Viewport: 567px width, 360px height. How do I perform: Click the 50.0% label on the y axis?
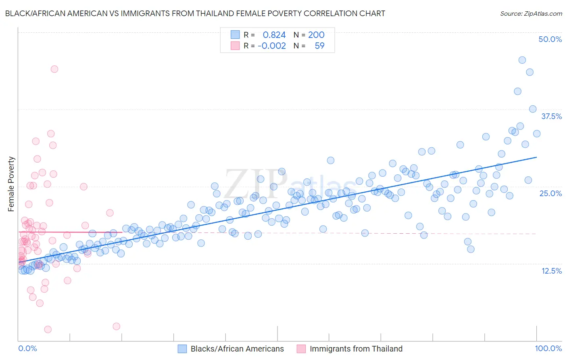tap(550, 39)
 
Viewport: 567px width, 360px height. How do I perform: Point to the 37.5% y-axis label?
tap(551, 116)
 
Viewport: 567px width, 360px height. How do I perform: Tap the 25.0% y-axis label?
tap(550, 193)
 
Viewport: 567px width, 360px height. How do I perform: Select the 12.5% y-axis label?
tap(551, 271)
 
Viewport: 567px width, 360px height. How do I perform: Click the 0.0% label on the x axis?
tap(27, 348)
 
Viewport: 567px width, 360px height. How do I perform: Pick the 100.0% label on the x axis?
tap(548, 348)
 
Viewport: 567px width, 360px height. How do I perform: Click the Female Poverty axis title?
tap(11, 184)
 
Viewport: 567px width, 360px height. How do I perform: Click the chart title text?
tap(195, 13)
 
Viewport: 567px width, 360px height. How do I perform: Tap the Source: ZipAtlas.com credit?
tap(531, 13)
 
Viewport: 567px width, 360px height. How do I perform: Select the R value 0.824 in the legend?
tap(274, 35)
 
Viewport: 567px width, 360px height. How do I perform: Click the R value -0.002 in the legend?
tap(272, 46)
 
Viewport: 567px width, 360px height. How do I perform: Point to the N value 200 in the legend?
tap(316, 35)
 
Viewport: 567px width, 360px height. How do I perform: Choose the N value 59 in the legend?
tap(319, 46)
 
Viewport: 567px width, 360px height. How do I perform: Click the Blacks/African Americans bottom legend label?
tap(237, 349)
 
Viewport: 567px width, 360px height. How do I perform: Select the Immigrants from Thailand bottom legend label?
tap(356, 349)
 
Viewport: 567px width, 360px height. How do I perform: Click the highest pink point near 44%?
tap(54, 69)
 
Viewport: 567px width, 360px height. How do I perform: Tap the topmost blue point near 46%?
tap(522, 60)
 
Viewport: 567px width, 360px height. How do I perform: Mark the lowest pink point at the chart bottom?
tap(48, 329)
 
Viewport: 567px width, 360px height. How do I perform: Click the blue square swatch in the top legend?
tap(235, 35)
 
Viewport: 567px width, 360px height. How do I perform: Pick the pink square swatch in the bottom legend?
tap(301, 349)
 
